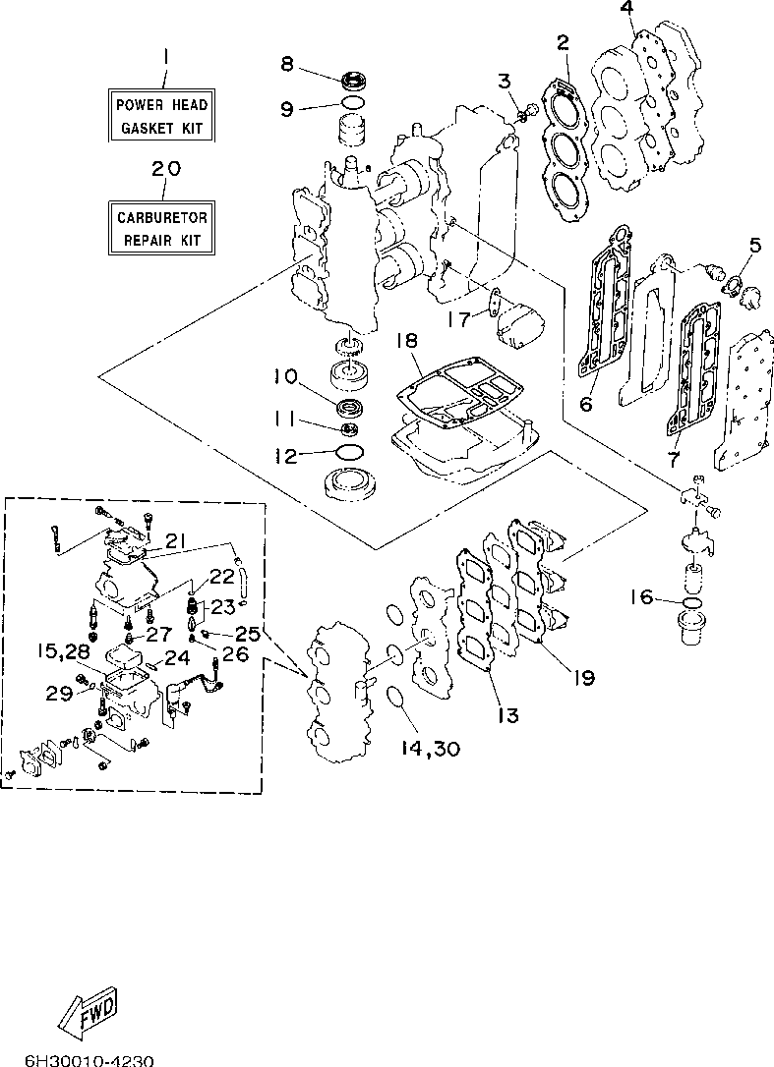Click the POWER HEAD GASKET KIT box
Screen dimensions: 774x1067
(161, 115)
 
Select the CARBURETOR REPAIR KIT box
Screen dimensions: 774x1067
(161, 228)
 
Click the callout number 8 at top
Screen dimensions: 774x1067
(287, 64)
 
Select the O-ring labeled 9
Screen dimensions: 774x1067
(351, 103)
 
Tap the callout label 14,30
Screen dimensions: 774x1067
(430, 749)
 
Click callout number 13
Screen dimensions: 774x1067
(508, 714)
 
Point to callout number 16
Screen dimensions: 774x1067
(641, 597)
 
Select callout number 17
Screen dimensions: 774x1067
(460, 318)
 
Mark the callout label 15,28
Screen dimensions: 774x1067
(63, 651)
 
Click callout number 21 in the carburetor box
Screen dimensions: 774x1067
(175, 541)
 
